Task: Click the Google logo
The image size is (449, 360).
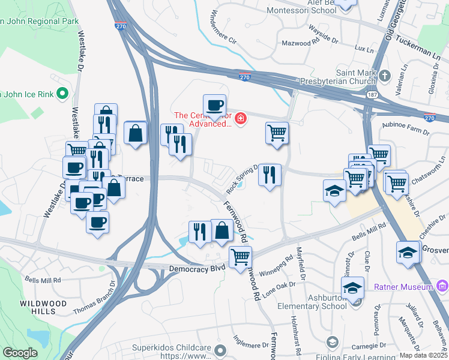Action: (x=20, y=353)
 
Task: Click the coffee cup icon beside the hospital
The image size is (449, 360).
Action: (x=214, y=106)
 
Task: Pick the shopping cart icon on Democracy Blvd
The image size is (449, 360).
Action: (x=240, y=257)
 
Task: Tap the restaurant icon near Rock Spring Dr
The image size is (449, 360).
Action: (x=270, y=175)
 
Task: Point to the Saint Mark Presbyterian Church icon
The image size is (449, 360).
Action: (x=385, y=76)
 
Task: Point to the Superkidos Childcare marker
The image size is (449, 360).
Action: (x=221, y=349)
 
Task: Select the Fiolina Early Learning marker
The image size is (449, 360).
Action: (x=332, y=343)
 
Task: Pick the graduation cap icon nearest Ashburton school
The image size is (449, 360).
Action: (x=354, y=287)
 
